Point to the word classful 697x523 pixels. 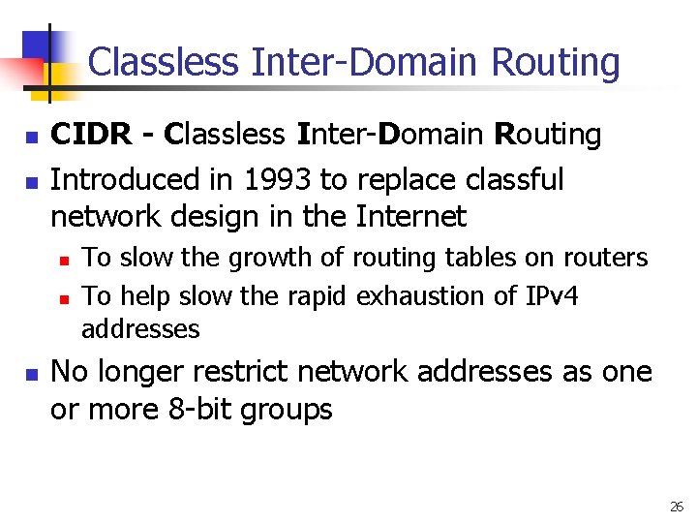click(515, 179)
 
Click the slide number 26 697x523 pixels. click(676, 507)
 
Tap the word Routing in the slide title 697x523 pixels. click(556, 63)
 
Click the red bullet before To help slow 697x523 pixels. click(64, 297)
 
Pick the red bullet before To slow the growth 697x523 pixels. click(64, 260)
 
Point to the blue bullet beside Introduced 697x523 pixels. click(32, 181)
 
